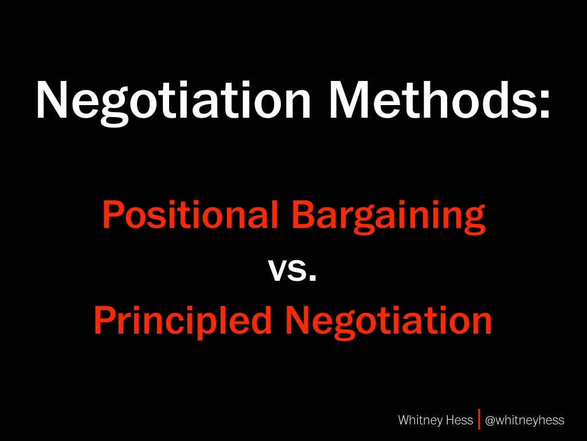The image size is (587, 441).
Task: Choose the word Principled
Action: click(x=182, y=322)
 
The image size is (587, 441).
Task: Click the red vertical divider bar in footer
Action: click(x=479, y=419)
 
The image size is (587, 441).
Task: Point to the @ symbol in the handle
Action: click(x=490, y=420)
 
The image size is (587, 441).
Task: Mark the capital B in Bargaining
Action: click(x=302, y=214)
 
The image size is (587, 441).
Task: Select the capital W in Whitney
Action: click(x=404, y=420)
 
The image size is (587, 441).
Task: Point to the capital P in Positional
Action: click(x=113, y=214)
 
